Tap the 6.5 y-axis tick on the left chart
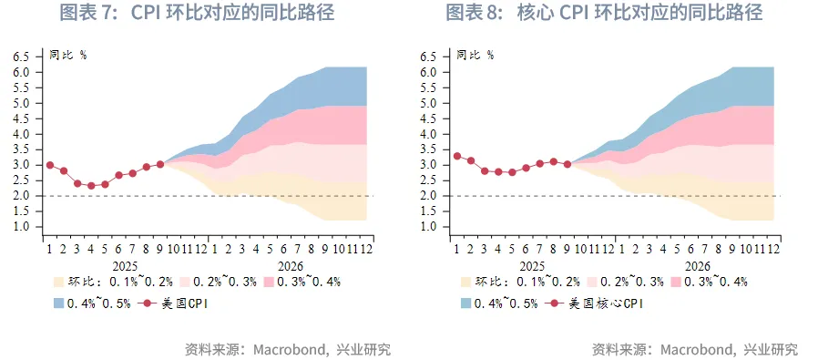click(21, 57)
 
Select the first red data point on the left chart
click(49, 165)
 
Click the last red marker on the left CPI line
click(160, 164)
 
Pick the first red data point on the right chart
click(456, 156)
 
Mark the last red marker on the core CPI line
click(567, 164)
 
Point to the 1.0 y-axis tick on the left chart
click(21, 227)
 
